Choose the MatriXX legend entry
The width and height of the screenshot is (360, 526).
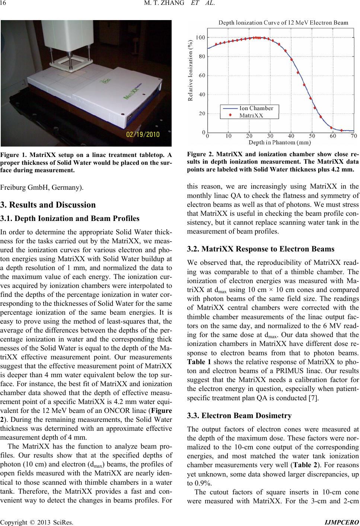(251, 115)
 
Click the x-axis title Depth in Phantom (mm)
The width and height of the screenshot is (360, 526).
(280, 142)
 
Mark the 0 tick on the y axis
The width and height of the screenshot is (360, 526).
(203, 132)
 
